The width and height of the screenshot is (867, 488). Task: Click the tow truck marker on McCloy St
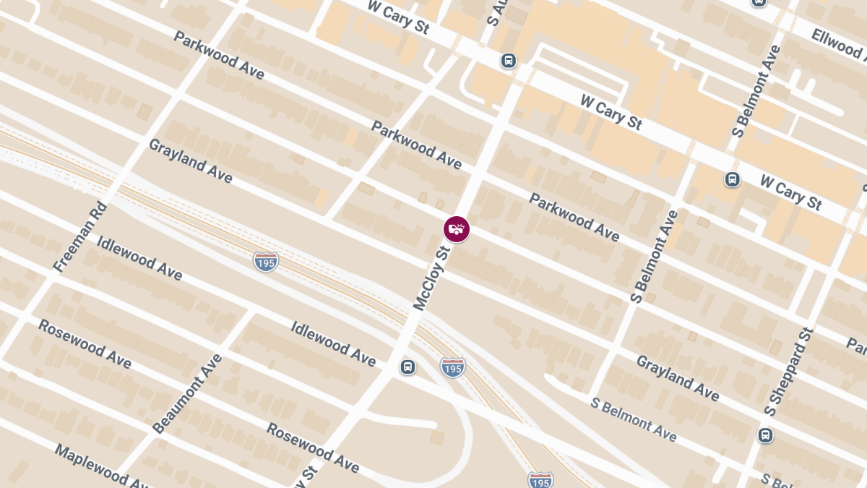[456, 229]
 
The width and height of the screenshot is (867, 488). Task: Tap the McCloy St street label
[431, 278]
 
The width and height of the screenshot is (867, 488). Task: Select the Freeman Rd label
[80, 237]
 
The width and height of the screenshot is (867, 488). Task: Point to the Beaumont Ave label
[187, 393]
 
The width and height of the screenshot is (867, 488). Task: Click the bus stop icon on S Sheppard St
[765, 435]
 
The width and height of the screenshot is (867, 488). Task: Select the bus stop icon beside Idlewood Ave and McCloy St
[408, 367]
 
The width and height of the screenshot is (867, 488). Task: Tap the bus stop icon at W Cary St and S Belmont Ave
[732, 179]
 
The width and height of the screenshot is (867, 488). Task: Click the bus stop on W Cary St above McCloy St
[509, 61]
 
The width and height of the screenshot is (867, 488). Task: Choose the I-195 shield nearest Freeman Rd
[266, 262]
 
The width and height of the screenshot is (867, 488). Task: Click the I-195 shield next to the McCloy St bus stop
[452, 367]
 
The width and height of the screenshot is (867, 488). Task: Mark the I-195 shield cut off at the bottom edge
[540, 480]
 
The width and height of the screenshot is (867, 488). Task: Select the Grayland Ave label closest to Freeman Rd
[191, 160]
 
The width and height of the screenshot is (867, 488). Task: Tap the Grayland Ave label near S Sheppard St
[677, 377]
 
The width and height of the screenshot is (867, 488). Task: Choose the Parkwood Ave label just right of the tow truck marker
[574, 217]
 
